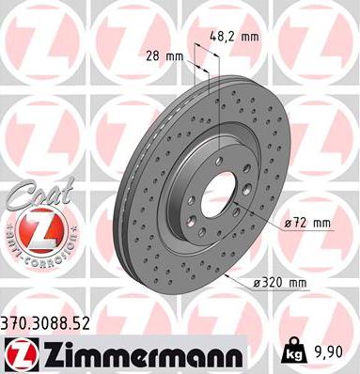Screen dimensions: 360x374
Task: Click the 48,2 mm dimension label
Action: click(234, 37)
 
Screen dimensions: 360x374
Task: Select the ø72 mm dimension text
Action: click(307, 224)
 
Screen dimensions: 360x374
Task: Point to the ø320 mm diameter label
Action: click(279, 283)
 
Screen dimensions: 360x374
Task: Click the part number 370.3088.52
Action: click(46, 323)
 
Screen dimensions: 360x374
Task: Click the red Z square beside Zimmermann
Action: click(22, 354)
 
